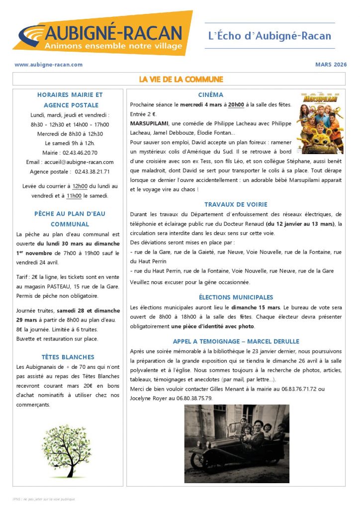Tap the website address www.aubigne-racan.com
pos(49,65)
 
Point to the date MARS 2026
pos(331,65)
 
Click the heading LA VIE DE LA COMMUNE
pos(180,79)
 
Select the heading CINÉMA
pos(211,94)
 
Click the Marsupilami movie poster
pos(320,122)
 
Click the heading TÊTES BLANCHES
pos(68,357)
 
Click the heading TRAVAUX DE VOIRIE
pos(236,204)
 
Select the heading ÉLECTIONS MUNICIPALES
pos(236,297)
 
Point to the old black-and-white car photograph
pos(237,443)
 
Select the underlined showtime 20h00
pos(236,104)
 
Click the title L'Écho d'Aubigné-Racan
pos(270,36)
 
